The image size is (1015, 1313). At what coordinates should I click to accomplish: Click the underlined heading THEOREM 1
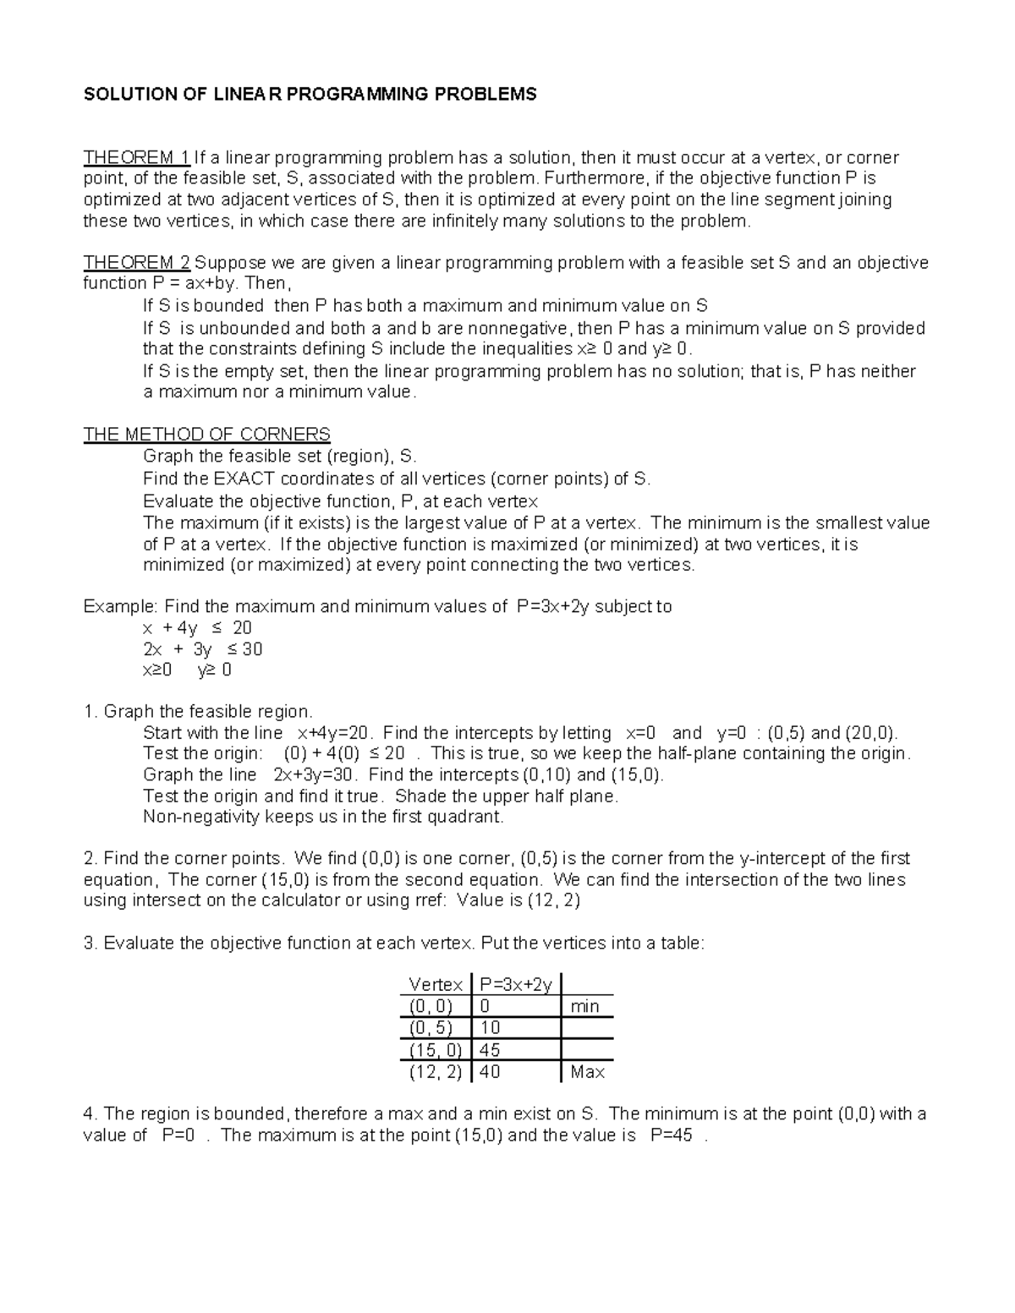click(136, 157)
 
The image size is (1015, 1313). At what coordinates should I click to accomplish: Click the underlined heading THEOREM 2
click(136, 262)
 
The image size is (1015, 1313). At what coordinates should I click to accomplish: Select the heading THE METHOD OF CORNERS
click(206, 435)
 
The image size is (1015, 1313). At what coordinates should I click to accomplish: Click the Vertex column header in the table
click(435, 984)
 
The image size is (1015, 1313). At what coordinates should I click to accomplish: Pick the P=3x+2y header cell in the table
click(515, 984)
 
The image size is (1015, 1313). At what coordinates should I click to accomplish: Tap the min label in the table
click(584, 1006)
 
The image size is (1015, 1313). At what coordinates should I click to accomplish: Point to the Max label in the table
click(587, 1072)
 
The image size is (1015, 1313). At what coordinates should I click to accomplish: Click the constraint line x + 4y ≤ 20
click(197, 627)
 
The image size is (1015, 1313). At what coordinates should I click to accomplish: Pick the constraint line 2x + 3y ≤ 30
click(202, 649)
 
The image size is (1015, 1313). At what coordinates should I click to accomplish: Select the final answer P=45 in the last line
click(672, 1135)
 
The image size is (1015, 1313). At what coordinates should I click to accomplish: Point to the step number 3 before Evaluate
click(89, 944)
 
